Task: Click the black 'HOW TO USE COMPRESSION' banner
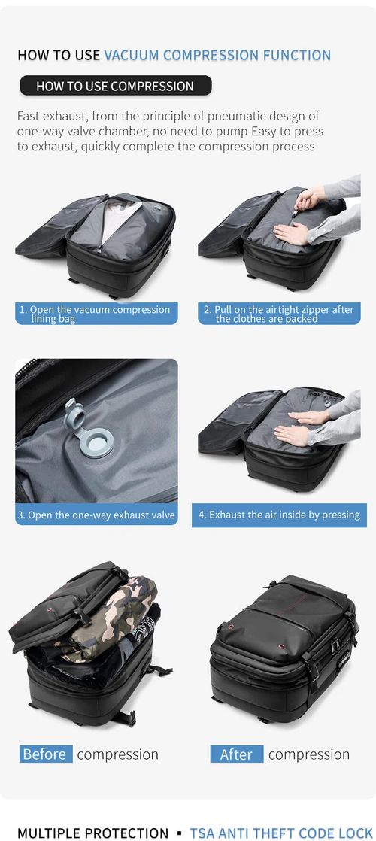[115, 86]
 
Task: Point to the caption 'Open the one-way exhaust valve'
[96, 515]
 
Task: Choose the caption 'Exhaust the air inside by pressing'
[279, 515]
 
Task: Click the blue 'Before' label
[45, 754]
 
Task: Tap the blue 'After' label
[236, 754]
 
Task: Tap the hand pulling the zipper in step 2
[310, 198]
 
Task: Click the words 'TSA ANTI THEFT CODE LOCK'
[280, 833]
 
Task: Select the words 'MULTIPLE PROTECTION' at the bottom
[92, 833]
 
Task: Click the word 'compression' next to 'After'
[308, 754]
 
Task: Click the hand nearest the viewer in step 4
[293, 434]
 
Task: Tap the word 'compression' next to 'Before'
[117, 754]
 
